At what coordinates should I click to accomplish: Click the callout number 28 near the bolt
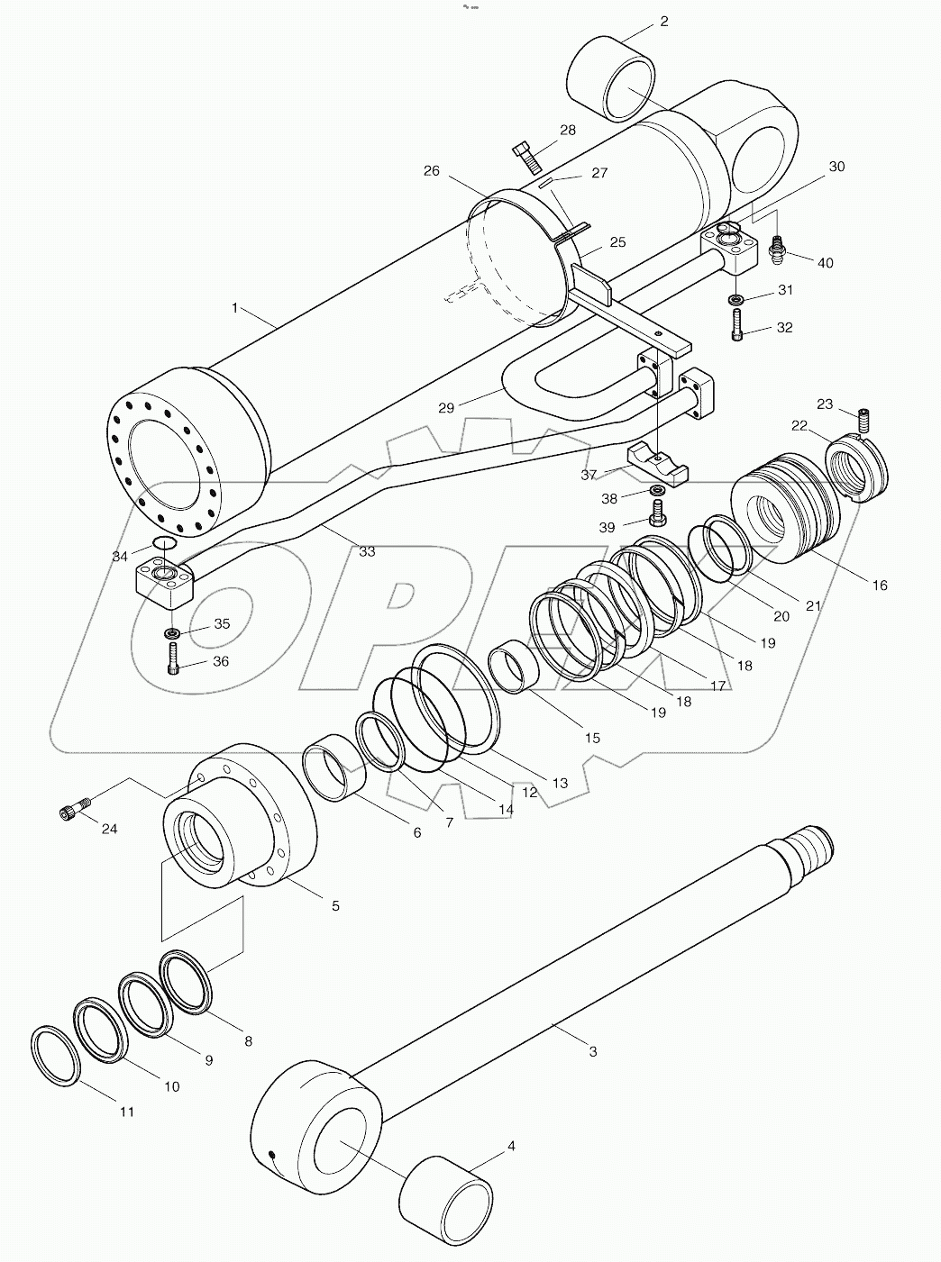tap(567, 131)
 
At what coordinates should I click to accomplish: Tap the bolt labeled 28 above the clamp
tap(526, 157)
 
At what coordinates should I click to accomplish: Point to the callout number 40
tap(825, 262)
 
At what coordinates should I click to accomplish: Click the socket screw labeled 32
tap(737, 325)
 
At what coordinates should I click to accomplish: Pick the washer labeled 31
tap(736, 299)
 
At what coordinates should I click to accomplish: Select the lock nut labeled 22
tap(857, 468)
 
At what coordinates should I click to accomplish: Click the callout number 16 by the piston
tap(880, 585)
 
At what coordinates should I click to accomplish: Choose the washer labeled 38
tap(659, 490)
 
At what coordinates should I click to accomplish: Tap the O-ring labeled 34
tap(164, 542)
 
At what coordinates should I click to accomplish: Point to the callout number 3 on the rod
tap(592, 1050)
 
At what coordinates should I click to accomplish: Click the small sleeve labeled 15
tap(515, 666)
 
